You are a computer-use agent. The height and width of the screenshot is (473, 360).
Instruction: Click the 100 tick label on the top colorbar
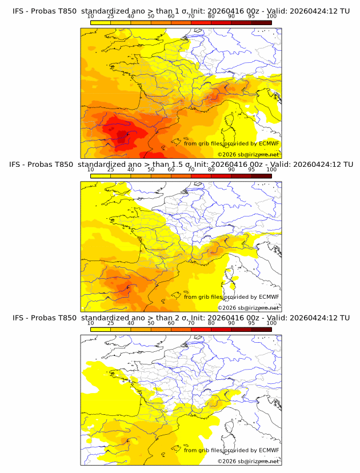pos(271,16)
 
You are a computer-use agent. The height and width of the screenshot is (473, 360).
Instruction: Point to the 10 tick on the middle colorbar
pos(90,169)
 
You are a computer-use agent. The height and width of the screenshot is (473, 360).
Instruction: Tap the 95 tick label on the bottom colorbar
pos(251,323)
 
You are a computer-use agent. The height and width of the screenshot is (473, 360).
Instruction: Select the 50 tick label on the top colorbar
pos(151,16)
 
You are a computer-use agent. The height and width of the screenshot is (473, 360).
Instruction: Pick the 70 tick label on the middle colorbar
pos(191,169)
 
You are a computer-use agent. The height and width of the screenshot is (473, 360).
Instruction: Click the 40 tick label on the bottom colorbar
pos(131,323)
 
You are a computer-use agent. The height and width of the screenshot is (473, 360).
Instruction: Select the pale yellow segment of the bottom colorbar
pos(101,330)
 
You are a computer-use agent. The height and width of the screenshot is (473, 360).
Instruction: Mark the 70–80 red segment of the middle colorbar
pos(201,176)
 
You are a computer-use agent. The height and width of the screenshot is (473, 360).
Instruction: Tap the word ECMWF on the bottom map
pos(269,450)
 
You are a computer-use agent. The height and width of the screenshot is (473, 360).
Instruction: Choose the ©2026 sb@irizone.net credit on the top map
pos(248,155)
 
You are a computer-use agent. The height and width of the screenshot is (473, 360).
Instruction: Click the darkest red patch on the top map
pos(122,136)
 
